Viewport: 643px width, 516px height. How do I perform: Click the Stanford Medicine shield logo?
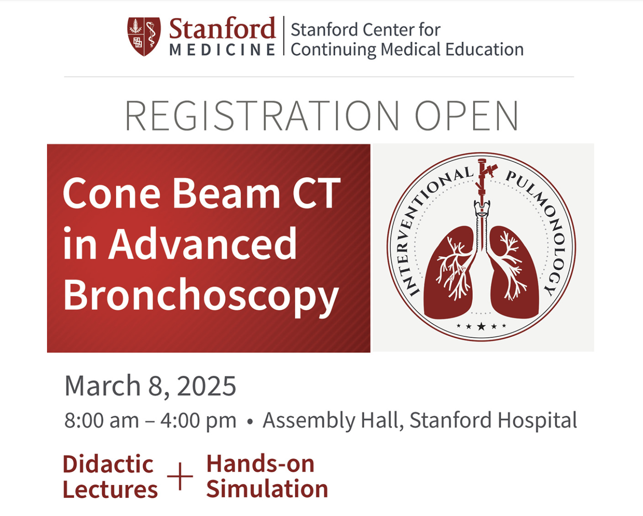click(x=144, y=36)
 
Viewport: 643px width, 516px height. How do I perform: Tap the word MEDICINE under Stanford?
click(x=222, y=50)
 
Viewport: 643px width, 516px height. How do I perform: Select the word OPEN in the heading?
click(x=466, y=116)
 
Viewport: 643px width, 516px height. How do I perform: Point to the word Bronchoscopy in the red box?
click(x=201, y=296)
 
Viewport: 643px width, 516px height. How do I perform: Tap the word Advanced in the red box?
click(x=203, y=243)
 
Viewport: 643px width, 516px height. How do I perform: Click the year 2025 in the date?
click(x=207, y=386)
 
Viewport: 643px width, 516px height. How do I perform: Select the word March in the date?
click(x=102, y=386)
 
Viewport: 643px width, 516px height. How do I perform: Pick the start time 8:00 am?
click(x=102, y=420)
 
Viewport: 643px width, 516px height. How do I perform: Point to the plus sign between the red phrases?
click(x=180, y=477)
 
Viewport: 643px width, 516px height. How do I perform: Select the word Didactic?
click(x=108, y=464)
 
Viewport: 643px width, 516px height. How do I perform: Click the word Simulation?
click(x=267, y=489)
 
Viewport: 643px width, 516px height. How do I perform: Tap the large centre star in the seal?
click(x=481, y=326)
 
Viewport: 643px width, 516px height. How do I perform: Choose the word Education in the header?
click(x=485, y=49)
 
